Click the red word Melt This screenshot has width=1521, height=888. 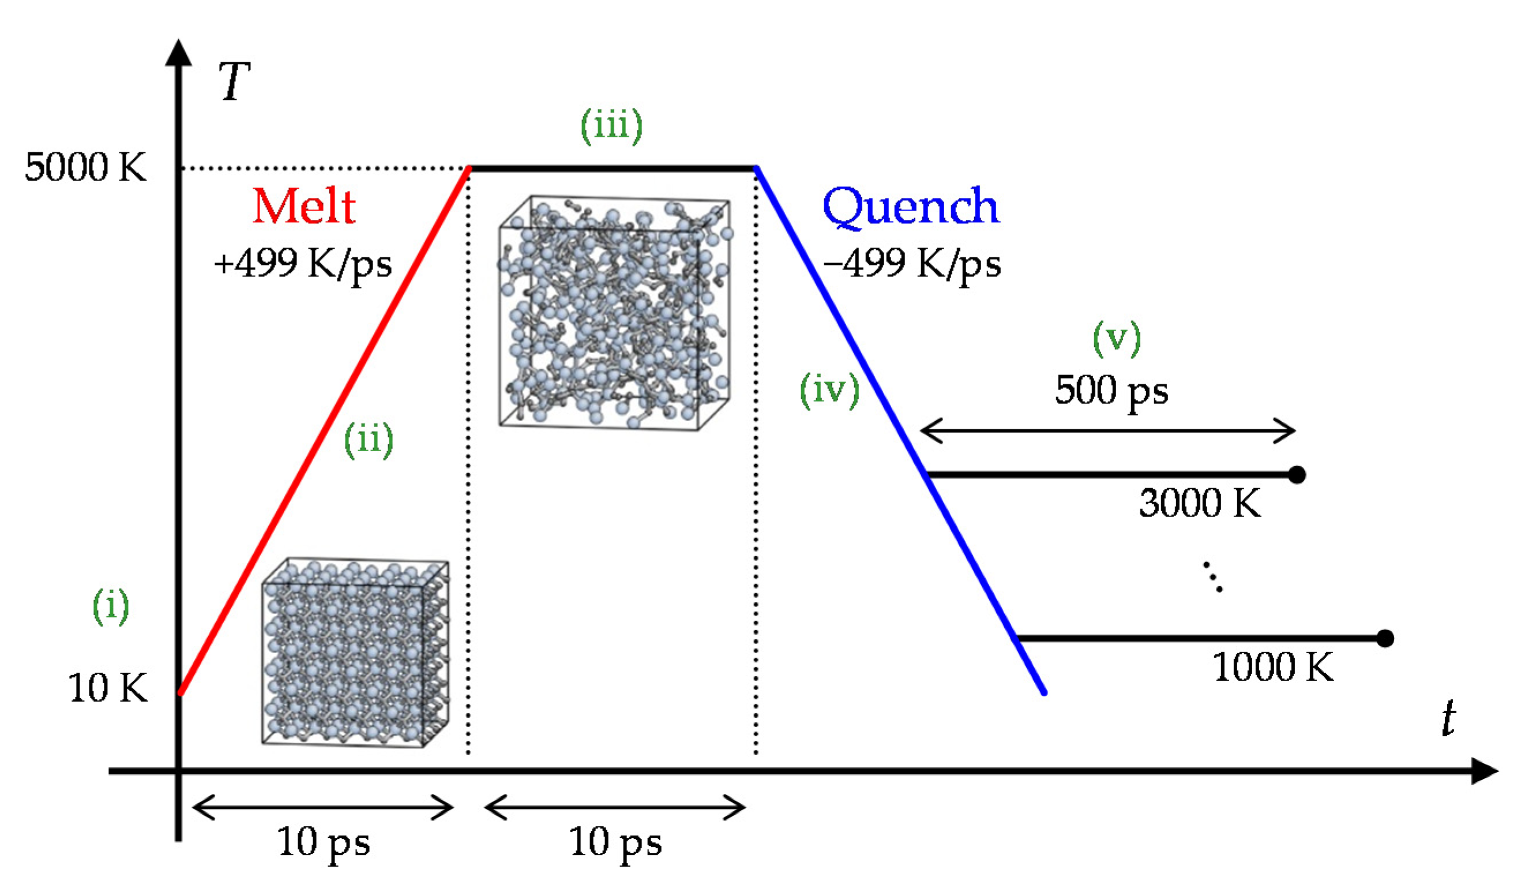click(x=303, y=207)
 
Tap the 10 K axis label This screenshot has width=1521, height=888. click(x=107, y=688)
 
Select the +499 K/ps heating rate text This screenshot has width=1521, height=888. click(x=302, y=263)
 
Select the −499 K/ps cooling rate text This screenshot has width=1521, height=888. click(x=912, y=263)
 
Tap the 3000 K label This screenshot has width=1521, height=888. click(x=1199, y=503)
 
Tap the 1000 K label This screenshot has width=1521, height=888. click(x=1272, y=667)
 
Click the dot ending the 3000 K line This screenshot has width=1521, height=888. click(x=1297, y=475)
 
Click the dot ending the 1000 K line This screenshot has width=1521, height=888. click(x=1385, y=638)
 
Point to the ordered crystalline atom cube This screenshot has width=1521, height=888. click(x=355, y=652)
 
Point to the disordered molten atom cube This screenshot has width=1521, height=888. click(x=614, y=312)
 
